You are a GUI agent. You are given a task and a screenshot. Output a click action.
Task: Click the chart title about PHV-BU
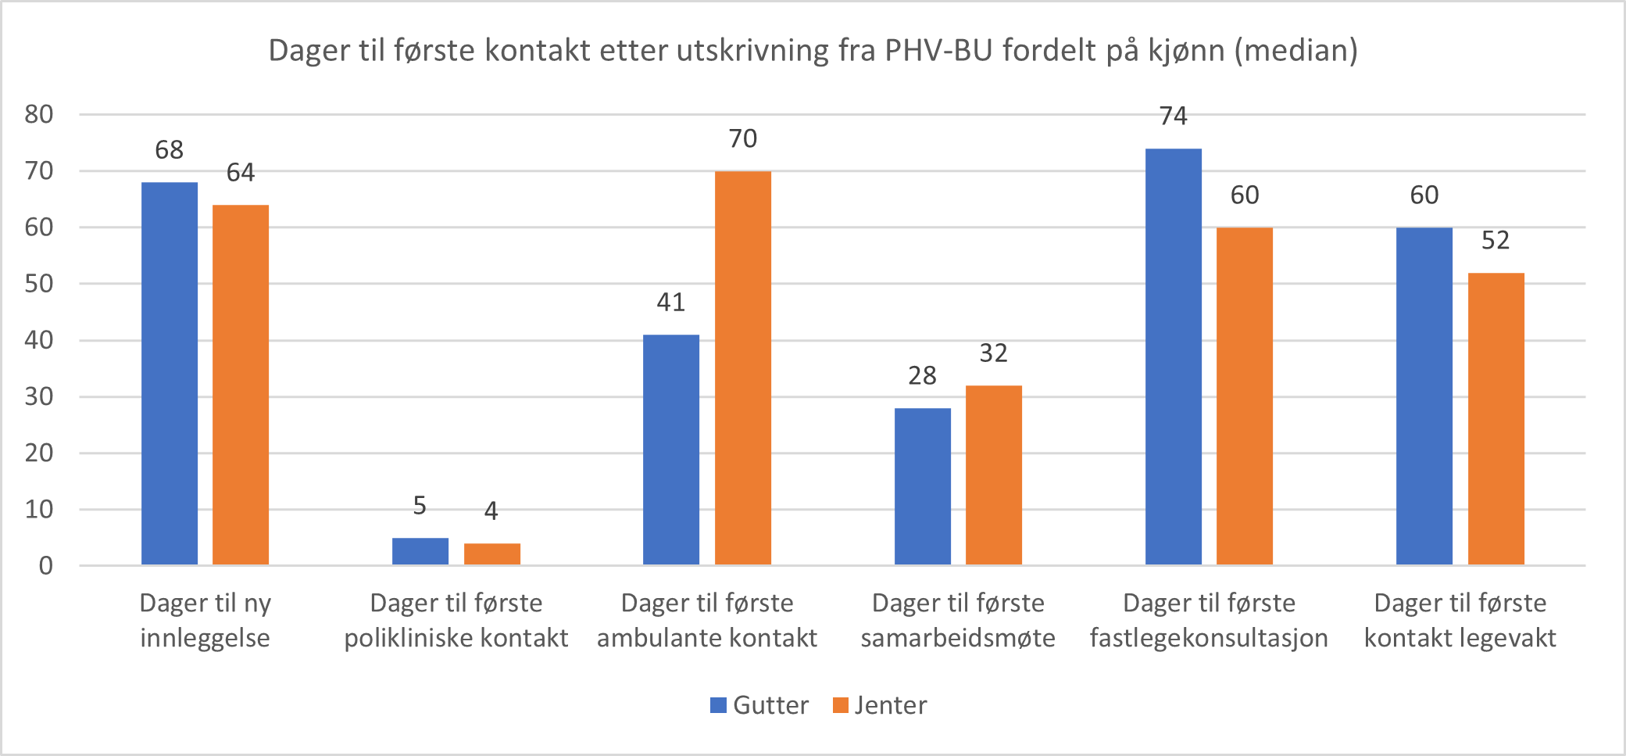(813, 51)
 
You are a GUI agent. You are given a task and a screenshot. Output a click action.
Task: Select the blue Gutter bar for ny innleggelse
(170, 374)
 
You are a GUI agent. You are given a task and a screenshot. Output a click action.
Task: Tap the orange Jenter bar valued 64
(241, 385)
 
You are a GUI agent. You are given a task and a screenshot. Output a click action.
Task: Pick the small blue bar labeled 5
(420, 551)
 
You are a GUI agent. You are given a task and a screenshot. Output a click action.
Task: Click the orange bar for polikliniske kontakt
(492, 554)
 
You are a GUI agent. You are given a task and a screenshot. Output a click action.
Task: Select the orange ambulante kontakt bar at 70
(743, 367)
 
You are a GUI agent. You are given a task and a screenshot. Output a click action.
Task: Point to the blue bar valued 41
(671, 450)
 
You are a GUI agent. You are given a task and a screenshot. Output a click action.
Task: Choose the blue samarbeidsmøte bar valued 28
(923, 486)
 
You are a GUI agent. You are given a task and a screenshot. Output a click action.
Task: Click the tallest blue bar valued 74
(1174, 357)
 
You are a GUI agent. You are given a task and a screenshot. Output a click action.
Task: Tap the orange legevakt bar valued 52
(1496, 419)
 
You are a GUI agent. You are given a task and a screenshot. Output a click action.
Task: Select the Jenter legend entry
(881, 705)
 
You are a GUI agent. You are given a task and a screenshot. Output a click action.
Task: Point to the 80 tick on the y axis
(39, 115)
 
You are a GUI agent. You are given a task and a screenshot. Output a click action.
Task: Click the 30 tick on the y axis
(39, 396)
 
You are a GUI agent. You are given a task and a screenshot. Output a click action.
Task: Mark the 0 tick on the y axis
(46, 565)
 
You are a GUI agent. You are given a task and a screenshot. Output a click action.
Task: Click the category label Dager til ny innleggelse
(205, 621)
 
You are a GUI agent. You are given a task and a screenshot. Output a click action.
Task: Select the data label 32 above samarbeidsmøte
(994, 353)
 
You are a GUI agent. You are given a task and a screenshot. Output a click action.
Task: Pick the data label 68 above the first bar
(170, 150)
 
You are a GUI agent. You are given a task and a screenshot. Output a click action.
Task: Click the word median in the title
(1296, 51)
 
